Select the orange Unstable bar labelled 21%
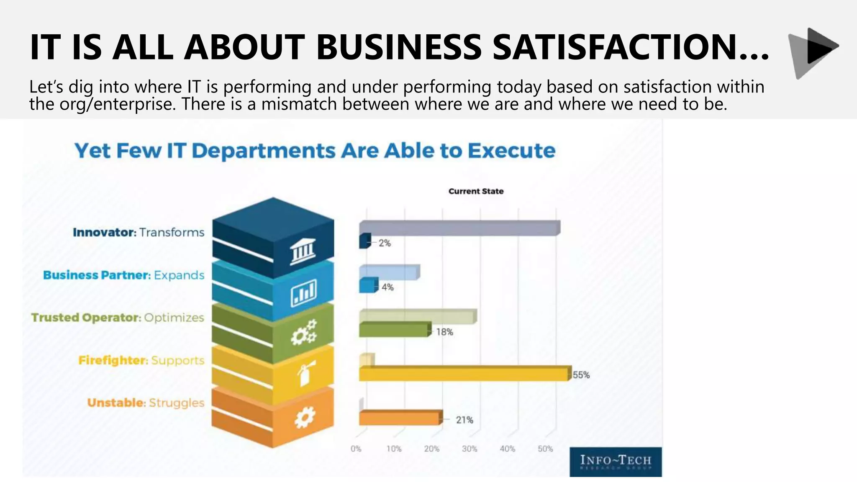point(400,418)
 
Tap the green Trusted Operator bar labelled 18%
point(394,330)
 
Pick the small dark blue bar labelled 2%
point(364,241)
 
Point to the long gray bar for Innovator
point(459,228)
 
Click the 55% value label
point(581,375)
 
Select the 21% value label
point(464,420)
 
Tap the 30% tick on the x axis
point(470,449)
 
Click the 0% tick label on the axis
point(356,449)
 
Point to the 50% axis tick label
point(545,449)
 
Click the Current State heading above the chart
point(476,191)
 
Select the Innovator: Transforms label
point(139,232)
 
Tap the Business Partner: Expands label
point(124,275)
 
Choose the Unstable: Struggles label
point(146,403)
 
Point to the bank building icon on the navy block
point(303,251)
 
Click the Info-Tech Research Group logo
point(616,462)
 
